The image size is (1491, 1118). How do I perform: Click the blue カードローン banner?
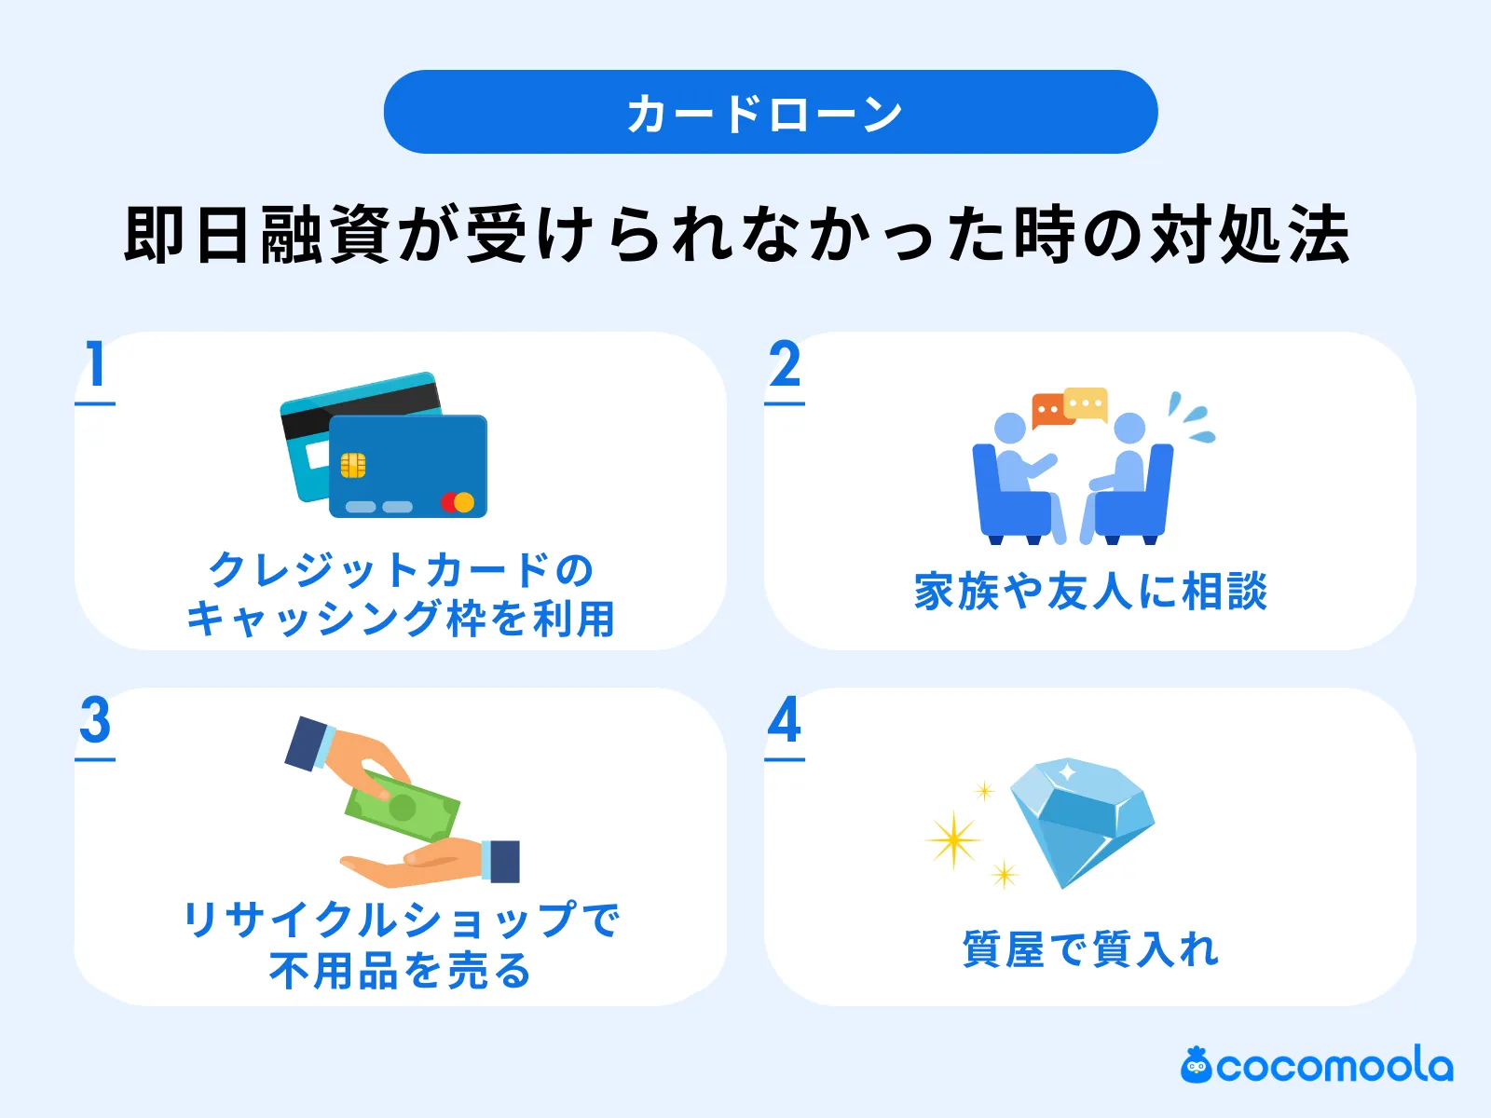point(770,112)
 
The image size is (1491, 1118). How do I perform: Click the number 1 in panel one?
point(95,364)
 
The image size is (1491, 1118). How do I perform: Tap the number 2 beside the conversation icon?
point(785,364)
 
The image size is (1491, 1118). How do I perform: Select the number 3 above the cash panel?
point(95,720)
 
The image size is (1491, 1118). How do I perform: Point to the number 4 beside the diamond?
point(785,720)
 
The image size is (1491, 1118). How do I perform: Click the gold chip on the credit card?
point(352,465)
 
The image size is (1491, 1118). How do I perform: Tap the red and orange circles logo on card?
point(458,502)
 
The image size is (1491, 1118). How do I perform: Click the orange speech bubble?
point(1049,409)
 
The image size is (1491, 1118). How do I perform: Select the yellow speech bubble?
point(1086,403)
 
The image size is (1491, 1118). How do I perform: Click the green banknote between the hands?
point(403,806)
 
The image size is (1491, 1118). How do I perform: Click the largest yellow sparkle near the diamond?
point(953,840)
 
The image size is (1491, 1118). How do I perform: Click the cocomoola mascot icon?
point(1196,1065)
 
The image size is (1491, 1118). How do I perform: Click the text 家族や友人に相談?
point(1090,592)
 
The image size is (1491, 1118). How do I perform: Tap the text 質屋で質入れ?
point(1090,949)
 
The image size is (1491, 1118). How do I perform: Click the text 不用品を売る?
point(401,970)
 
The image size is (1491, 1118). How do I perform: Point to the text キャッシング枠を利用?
point(401,619)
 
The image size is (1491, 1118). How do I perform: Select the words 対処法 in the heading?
point(1249,235)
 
